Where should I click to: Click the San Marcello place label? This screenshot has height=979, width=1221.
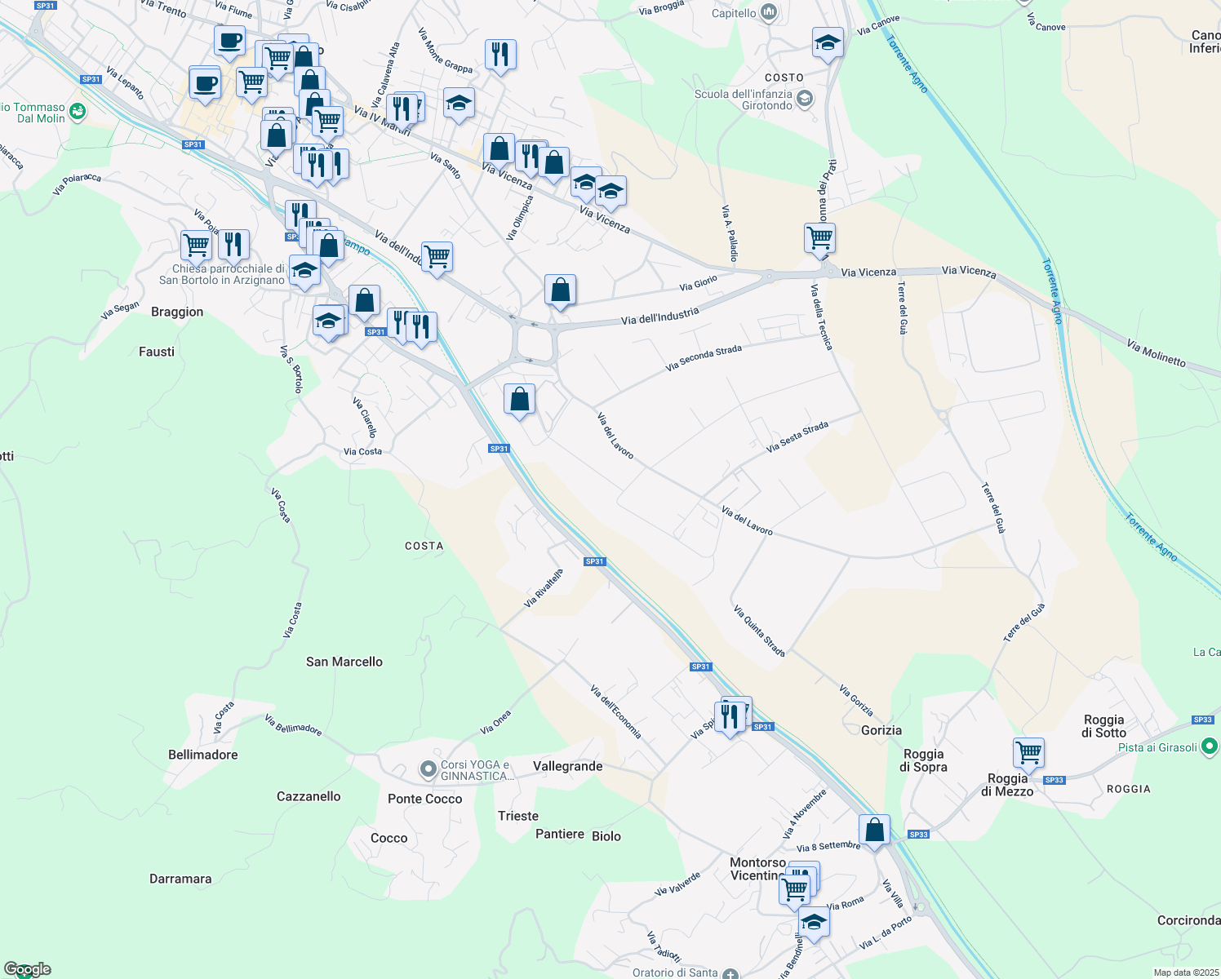pyautogui.click(x=344, y=662)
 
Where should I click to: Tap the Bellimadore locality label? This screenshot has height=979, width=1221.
pyautogui.click(x=202, y=755)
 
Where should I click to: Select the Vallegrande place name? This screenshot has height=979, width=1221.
pyautogui.click(x=567, y=766)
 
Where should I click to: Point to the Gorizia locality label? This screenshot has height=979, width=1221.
pyautogui.click(x=881, y=730)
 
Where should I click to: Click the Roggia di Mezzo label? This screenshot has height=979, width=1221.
pyautogui.click(x=1007, y=785)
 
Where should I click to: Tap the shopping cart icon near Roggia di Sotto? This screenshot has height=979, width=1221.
pyautogui.click(x=1028, y=751)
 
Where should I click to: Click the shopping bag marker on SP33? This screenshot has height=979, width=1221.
pyautogui.click(x=874, y=831)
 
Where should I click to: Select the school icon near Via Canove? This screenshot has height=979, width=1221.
pyautogui.click(x=828, y=42)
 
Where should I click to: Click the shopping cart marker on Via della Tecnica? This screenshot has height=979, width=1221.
pyautogui.click(x=819, y=238)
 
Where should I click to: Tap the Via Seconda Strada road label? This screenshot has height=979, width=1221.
pyautogui.click(x=704, y=357)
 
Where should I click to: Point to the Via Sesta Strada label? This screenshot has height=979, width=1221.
pyautogui.click(x=797, y=437)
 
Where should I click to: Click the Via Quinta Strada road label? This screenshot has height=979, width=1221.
pyautogui.click(x=759, y=631)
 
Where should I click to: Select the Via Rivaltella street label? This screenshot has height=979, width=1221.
pyautogui.click(x=544, y=588)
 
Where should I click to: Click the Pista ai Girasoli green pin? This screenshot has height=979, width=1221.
pyautogui.click(x=1210, y=746)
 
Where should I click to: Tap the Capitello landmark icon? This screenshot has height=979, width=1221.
pyautogui.click(x=768, y=12)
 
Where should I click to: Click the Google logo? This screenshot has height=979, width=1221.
pyautogui.click(x=28, y=969)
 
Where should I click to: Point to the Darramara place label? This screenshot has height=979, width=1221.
pyautogui.click(x=180, y=879)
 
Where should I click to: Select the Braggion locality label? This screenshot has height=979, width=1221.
pyautogui.click(x=177, y=312)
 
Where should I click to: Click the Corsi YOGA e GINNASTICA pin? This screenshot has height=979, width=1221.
pyautogui.click(x=428, y=769)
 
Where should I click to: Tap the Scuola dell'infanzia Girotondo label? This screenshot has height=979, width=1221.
pyautogui.click(x=743, y=100)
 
